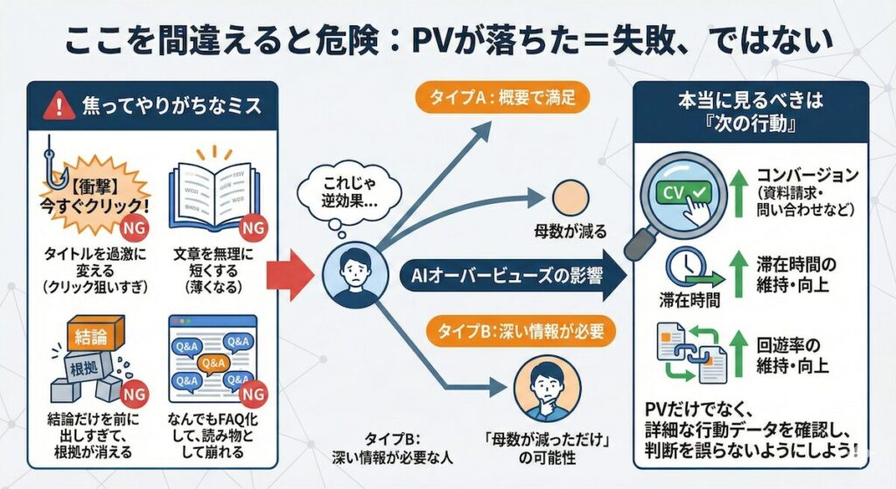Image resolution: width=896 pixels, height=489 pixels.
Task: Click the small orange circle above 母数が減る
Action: tap(570, 198)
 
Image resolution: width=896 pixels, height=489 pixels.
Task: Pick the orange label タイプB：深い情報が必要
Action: tap(506, 332)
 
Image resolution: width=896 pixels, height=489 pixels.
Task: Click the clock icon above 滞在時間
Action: tap(685, 266)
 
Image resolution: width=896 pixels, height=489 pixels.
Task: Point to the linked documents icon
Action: tap(685, 351)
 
